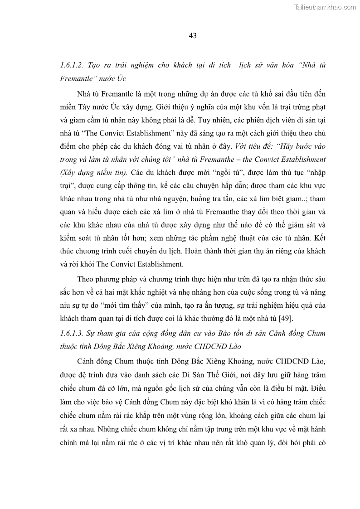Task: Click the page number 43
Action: pyautogui.click(x=192, y=36)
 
